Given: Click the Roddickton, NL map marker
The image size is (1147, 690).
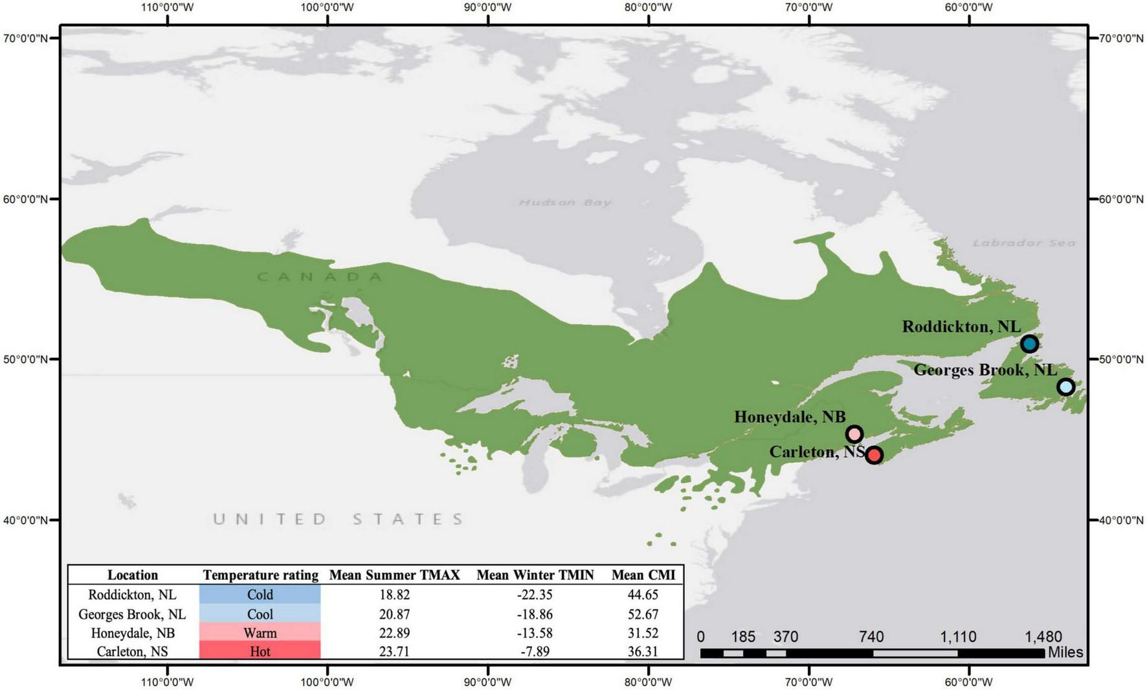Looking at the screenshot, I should pyautogui.click(x=1029, y=344).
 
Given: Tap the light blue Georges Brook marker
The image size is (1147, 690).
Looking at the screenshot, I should pyautogui.click(x=1065, y=387).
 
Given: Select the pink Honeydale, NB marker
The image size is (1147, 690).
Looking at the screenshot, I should pyautogui.click(x=854, y=434).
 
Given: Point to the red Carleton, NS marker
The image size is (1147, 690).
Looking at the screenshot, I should pyautogui.click(x=874, y=455).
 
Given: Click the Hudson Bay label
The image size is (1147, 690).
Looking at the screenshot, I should pyautogui.click(x=565, y=203).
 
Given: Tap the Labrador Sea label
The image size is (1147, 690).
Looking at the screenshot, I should pyautogui.click(x=1024, y=243).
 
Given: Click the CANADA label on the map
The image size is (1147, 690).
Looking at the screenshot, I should pyautogui.click(x=320, y=277).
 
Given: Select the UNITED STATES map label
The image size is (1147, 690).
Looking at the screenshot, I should pyautogui.click(x=339, y=519).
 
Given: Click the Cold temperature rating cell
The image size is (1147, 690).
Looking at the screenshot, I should pyautogui.click(x=260, y=594).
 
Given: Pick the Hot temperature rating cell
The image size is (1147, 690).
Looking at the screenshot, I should pyautogui.click(x=260, y=651).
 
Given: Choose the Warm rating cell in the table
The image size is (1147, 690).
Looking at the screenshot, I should pyautogui.click(x=260, y=632).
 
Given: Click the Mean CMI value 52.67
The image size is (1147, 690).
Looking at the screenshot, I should pyautogui.click(x=643, y=614).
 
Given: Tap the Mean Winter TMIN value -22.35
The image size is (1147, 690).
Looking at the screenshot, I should pyautogui.click(x=535, y=594).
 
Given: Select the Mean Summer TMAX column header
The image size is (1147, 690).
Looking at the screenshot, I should pyautogui.click(x=394, y=575).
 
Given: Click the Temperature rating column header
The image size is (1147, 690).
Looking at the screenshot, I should pyautogui.click(x=260, y=575).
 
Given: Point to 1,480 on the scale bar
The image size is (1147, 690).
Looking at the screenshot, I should pyautogui.click(x=1043, y=637).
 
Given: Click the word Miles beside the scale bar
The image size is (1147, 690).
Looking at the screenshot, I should pyautogui.click(x=1065, y=652).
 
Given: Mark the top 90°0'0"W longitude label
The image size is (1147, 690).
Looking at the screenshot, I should pyautogui.click(x=487, y=8).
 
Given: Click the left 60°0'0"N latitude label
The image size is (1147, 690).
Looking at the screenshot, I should pyautogui.click(x=25, y=199).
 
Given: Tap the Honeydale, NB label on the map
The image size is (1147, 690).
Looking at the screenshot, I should pyautogui.click(x=789, y=417).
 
